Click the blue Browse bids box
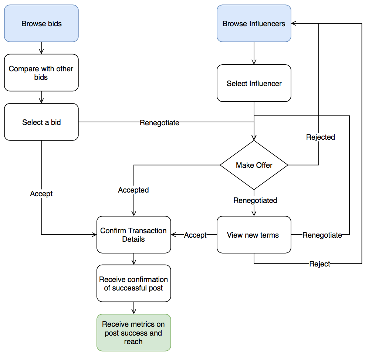point(41,23)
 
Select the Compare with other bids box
point(41,73)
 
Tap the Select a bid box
point(41,122)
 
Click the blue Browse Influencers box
point(254,23)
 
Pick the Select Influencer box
point(254,83)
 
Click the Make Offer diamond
point(254,165)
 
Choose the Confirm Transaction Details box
point(133,235)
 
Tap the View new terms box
point(254,235)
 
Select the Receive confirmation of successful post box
point(133,283)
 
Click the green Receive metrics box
point(133,332)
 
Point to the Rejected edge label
point(320,137)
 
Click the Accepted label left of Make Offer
point(133,190)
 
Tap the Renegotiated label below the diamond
point(255,200)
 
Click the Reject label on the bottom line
point(319,264)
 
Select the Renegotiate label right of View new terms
point(322,235)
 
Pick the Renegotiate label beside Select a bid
point(159,123)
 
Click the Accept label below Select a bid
point(41,194)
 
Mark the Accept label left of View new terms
point(195,235)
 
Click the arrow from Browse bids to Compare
point(41,48)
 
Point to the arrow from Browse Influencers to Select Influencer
point(254,53)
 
